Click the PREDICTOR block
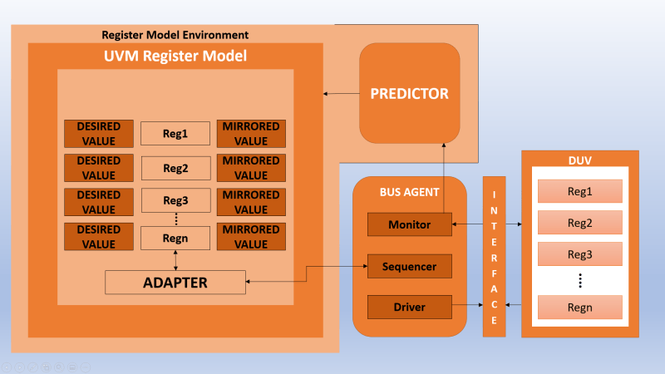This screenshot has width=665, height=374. pos(409,93)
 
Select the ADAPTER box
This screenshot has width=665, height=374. pos(175,283)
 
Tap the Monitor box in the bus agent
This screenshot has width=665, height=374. pos(409,224)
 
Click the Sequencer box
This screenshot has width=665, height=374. pos(409,266)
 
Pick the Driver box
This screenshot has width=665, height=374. pos(409,307)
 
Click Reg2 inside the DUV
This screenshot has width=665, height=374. pos(579,223)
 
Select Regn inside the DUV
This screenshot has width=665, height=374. pos(579,307)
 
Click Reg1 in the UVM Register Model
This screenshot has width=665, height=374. pos(175,134)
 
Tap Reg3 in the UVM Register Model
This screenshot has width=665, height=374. pos(175,200)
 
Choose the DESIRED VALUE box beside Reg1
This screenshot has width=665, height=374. pos(99,134)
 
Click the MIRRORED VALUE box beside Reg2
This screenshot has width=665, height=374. pos(251,168)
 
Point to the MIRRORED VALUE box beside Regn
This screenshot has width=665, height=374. pos(251,237)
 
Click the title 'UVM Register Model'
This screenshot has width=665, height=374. pos(175,56)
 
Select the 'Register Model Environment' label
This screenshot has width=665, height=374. pos(175,35)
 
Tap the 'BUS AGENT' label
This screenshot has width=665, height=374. pos(409,192)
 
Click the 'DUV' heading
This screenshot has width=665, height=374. pos(579,160)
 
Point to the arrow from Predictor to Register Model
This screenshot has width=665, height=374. pos(342,94)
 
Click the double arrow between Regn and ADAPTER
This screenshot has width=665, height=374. pos(175,260)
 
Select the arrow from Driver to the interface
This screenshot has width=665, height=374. pos(467,304)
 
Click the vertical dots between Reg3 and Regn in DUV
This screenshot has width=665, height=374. pos(580,281)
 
